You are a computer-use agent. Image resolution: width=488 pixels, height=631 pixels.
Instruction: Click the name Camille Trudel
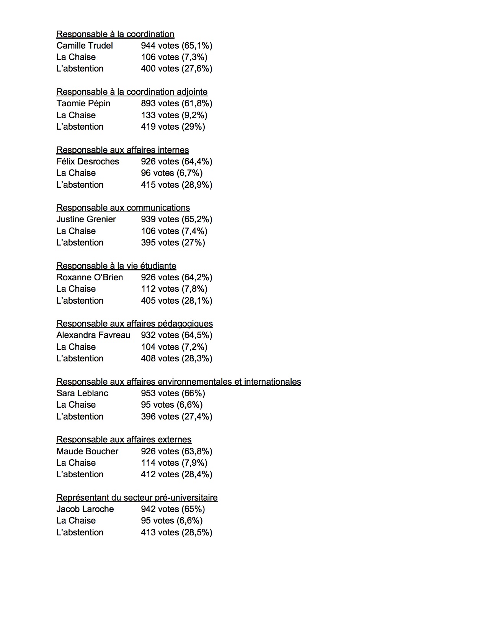point(85,46)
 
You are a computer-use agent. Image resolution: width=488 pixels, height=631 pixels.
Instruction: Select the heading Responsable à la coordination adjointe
point(132,92)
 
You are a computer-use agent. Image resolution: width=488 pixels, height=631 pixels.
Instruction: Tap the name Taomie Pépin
point(83,104)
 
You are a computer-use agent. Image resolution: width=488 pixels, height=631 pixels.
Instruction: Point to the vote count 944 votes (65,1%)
point(176,46)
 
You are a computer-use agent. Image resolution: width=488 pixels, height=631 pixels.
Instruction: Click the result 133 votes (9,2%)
point(174,115)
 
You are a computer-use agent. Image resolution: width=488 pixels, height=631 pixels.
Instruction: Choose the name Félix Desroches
point(88,161)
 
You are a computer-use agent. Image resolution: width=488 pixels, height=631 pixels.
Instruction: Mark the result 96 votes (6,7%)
point(171,173)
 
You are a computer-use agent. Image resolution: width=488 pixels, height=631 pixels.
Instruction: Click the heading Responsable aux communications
point(123,208)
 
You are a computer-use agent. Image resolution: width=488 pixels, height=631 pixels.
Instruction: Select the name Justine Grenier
point(86,219)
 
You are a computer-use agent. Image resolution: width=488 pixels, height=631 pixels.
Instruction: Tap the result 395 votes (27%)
point(173,242)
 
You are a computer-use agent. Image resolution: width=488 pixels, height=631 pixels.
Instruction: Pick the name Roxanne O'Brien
point(90,277)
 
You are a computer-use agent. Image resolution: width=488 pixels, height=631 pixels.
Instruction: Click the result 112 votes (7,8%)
point(174,289)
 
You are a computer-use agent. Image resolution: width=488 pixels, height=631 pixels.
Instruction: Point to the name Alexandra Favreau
point(93,335)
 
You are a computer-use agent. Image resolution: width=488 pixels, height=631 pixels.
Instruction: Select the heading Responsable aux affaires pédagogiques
point(134,324)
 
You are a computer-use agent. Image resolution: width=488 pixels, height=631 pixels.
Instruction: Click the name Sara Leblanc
point(82,393)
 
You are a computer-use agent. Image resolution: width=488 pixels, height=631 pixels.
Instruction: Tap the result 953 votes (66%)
point(173,393)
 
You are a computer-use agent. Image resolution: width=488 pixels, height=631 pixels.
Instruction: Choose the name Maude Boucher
point(87,451)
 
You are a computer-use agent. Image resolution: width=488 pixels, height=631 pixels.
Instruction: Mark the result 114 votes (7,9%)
point(174,463)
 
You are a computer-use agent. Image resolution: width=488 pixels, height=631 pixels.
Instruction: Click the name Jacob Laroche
point(85,509)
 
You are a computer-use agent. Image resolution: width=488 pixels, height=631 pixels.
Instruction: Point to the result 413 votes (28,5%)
point(176,532)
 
